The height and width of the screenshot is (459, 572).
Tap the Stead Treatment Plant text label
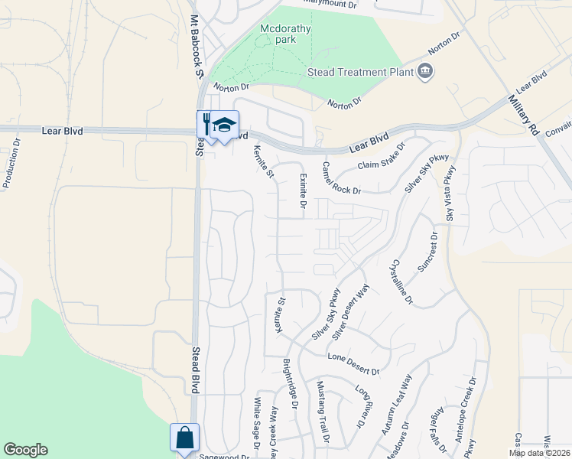coord(358,72)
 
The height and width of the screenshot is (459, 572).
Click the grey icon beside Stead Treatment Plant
coord(425,73)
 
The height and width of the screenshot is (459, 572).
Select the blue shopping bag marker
coord(184,438)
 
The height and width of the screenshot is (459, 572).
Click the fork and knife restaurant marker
coord(206,125)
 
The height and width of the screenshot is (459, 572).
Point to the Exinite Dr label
coord(303,192)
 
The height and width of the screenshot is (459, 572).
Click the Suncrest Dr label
coord(427,252)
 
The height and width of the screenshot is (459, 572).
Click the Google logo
coord(25,450)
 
